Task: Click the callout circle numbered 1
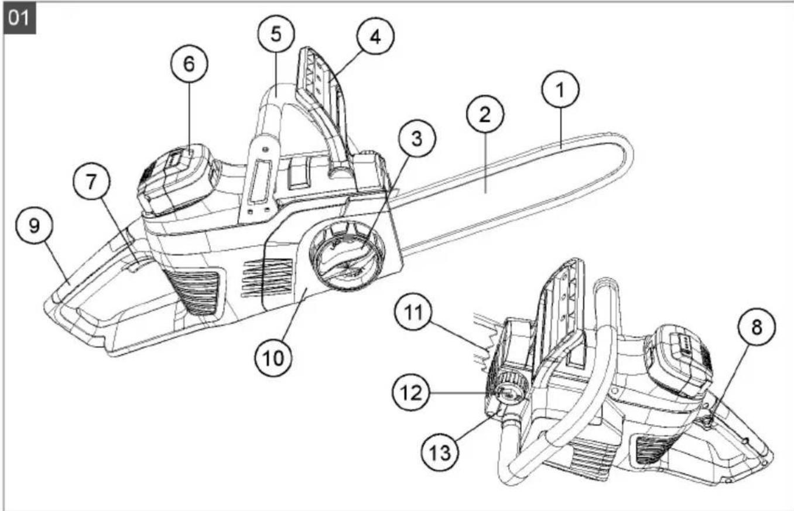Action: [560, 90]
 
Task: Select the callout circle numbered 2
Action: [485, 114]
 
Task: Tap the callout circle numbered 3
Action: [417, 138]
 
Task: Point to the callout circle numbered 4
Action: [375, 36]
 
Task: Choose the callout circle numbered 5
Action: [276, 34]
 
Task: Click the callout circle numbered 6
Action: [189, 63]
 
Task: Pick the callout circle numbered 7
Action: [91, 182]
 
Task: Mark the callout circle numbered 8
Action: [757, 327]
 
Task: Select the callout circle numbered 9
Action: [34, 225]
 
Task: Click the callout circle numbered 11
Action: [413, 312]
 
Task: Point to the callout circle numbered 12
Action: [410, 392]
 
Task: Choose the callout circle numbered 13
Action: [440, 452]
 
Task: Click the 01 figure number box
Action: [19, 18]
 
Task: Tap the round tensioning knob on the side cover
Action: [347, 255]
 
